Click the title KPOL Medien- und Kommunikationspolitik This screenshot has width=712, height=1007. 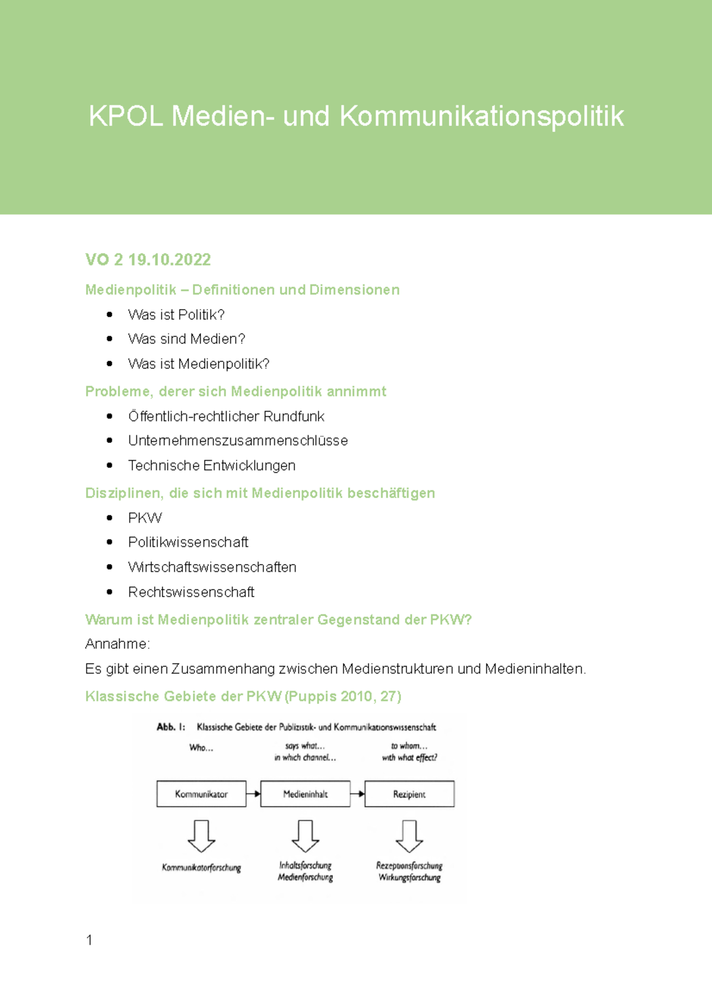click(356, 116)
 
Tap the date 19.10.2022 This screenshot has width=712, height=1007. click(170, 260)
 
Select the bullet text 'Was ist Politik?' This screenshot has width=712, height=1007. click(176, 314)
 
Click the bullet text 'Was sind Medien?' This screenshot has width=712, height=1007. click(186, 339)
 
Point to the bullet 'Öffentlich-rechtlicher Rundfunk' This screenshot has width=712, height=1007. click(226, 416)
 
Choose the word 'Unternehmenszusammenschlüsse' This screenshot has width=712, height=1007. click(238, 441)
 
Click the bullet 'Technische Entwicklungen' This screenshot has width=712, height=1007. click(212, 466)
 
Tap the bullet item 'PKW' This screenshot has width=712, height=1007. click(145, 518)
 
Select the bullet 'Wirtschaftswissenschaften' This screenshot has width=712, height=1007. click(212, 567)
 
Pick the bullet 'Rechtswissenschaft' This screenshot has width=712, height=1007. click(191, 592)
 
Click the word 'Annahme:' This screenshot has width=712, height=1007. click(117, 644)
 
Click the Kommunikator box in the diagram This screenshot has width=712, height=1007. click(201, 794)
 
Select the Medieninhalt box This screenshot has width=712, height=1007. click(305, 794)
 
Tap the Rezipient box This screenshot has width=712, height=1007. click(409, 794)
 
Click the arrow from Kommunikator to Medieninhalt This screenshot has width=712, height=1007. click(253, 794)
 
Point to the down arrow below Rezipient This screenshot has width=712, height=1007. click(409, 836)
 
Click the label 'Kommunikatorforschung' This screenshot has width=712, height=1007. click(201, 868)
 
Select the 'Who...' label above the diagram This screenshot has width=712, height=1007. click(201, 748)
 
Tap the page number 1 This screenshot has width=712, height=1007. click(89, 940)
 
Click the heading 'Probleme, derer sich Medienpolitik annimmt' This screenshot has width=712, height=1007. click(236, 391)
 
